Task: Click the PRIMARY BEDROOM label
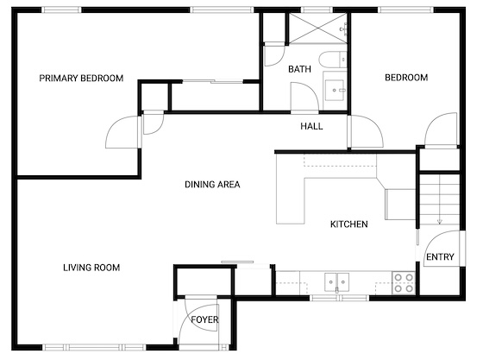(x=81, y=79)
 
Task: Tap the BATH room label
(x=299, y=69)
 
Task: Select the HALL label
(x=311, y=126)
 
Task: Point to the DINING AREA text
(x=212, y=184)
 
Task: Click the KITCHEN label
(x=349, y=224)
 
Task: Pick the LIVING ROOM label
(x=91, y=268)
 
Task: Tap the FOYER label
(x=204, y=319)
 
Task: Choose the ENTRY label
(x=440, y=256)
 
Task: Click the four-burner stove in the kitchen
(x=404, y=283)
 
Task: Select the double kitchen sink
(x=336, y=282)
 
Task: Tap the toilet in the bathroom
(x=333, y=60)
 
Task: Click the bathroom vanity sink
(x=335, y=90)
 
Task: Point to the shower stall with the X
(x=318, y=28)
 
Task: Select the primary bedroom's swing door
(x=122, y=132)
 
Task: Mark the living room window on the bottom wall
(x=94, y=347)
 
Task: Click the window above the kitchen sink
(x=339, y=298)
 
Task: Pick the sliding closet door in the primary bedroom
(x=213, y=82)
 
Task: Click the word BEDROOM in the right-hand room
(x=406, y=78)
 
